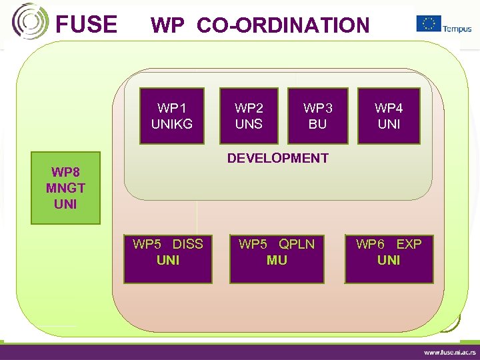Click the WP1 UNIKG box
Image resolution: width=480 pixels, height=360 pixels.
coord(172,116)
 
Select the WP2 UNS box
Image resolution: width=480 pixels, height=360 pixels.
coord(249,116)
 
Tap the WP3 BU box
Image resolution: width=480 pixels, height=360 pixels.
coord(317,116)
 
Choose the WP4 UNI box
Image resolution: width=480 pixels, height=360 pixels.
coord(389,116)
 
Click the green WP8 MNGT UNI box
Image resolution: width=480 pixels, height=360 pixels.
coord(65,189)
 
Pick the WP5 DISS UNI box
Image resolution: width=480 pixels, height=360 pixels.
coord(168,259)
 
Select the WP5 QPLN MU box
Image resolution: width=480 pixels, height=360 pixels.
coord(277,259)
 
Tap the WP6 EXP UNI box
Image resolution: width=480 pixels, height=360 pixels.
coord(389,259)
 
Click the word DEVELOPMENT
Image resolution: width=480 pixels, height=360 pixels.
coord(277,158)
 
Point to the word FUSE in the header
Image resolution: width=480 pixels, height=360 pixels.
coord(86,25)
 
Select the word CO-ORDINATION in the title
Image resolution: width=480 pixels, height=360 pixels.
coord(283,25)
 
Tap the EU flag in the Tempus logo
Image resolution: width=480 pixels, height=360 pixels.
coord(429,23)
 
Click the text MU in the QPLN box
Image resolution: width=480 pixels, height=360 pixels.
coord(277,260)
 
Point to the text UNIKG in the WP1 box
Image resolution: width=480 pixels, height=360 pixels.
coord(172,123)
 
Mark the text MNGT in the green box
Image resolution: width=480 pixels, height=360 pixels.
coord(65,189)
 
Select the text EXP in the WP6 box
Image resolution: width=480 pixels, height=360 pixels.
coord(409,244)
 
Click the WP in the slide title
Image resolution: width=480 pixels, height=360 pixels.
coord(168,25)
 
